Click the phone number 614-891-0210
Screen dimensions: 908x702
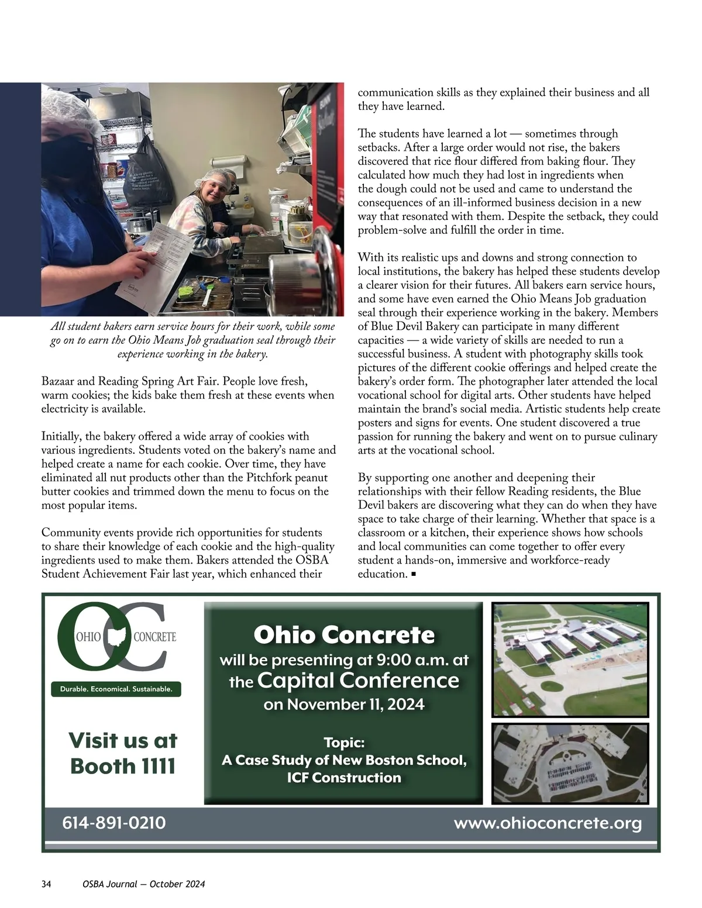(114, 823)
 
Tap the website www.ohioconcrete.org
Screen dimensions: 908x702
(548, 823)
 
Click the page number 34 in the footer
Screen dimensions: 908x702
(47, 884)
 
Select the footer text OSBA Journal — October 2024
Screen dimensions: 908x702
(144, 884)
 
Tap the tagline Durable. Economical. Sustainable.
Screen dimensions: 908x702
(116, 689)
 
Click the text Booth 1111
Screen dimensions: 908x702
(123, 765)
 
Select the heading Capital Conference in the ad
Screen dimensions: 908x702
(358, 680)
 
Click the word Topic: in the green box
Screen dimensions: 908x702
(344, 743)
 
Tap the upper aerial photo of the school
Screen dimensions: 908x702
(570, 660)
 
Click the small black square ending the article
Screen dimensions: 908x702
(414, 575)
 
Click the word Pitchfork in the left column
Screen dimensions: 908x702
(270, 478)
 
